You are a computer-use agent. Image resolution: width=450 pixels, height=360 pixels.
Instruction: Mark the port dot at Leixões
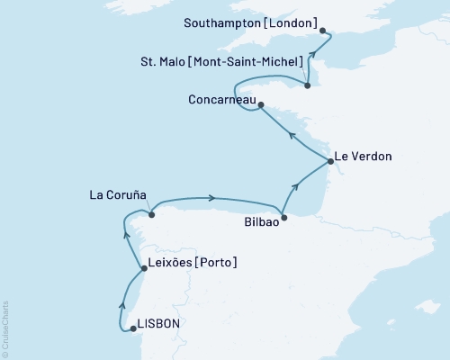tap(145, 267)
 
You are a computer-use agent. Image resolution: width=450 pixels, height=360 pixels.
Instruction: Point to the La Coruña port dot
tap(151, 214)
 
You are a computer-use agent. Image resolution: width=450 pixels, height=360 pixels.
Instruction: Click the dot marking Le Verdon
tap(331, 162)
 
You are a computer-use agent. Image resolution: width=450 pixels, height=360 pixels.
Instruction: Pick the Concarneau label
tap(222, 99)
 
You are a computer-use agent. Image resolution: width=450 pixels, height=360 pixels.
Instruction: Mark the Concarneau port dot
tap(261, 105)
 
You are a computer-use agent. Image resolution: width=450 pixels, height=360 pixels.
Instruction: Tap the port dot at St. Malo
tap(308, 85)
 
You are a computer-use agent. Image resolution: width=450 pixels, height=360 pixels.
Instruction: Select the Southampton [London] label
tap(242, 16)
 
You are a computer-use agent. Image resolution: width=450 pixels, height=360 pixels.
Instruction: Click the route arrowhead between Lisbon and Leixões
tap(121, 301)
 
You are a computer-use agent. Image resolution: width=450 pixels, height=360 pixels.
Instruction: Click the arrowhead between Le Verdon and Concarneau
tap(292, 133)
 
